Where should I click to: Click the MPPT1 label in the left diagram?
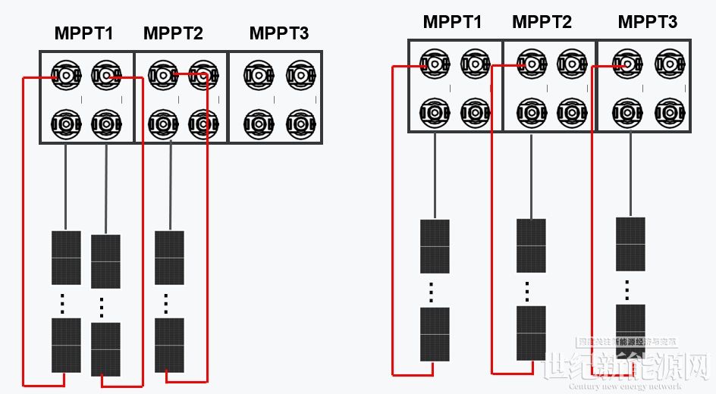coord(83,34)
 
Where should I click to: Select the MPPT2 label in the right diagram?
coord(542,23)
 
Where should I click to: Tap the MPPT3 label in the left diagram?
coord(279,34)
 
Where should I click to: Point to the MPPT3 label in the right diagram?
coord(647,23)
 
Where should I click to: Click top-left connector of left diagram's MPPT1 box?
coord(66,76)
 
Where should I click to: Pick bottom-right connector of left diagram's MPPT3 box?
coord(300,123)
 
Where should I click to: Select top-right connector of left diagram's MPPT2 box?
coord(203,76)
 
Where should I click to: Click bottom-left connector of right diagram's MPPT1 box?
coord(435,112)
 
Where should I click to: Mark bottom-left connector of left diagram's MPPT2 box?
coord(163,123)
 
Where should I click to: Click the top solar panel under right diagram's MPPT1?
coord(435,245)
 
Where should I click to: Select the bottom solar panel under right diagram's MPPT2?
coord(531,333)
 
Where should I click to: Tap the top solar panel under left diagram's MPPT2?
coord(169,258)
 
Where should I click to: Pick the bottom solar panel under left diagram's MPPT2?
coord(169,345)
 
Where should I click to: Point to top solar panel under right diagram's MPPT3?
coord(630,244)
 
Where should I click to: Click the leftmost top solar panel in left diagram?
coord(66,258)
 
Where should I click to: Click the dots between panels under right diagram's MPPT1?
coord(431,292)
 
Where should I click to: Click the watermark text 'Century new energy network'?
coord(625,386)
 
